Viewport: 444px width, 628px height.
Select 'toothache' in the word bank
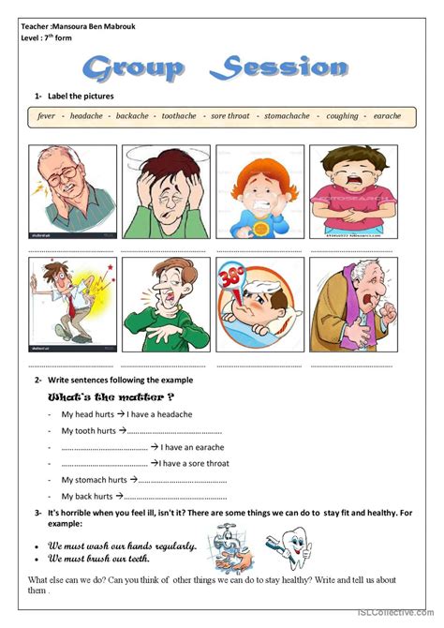[179, 116]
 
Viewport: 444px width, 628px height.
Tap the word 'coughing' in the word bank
[343, 116]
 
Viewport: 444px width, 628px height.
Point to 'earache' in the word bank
[387, 116]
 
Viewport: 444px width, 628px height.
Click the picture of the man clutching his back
[71, 304]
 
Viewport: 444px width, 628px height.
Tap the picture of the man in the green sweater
[165, 304]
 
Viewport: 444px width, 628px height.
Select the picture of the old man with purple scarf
[352, 304]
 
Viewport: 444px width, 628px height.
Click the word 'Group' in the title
[135, 67]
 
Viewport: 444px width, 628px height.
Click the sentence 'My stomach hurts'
[94, 480]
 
